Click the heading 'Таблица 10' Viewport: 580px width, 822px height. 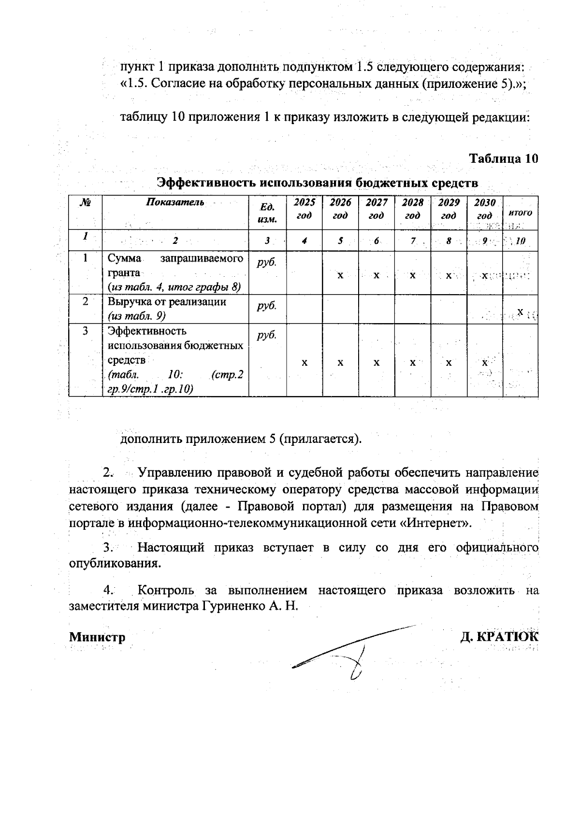(504, 159)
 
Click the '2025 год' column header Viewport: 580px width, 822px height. (304, 209)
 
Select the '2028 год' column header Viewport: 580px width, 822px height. (412, 209)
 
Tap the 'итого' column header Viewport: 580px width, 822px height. (520, 213)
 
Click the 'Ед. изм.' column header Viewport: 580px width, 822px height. (267, 213)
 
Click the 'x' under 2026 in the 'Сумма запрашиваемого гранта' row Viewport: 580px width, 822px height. (340, 275)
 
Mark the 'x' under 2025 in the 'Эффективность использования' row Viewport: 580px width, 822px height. (304, 362)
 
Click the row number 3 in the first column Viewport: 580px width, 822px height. (86, 331)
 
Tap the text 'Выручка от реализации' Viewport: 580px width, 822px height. (167, 302)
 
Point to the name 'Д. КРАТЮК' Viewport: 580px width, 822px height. (499, 637)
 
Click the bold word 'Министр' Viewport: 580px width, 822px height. (97, 637)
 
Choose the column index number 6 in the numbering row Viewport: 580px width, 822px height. (376, 241)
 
